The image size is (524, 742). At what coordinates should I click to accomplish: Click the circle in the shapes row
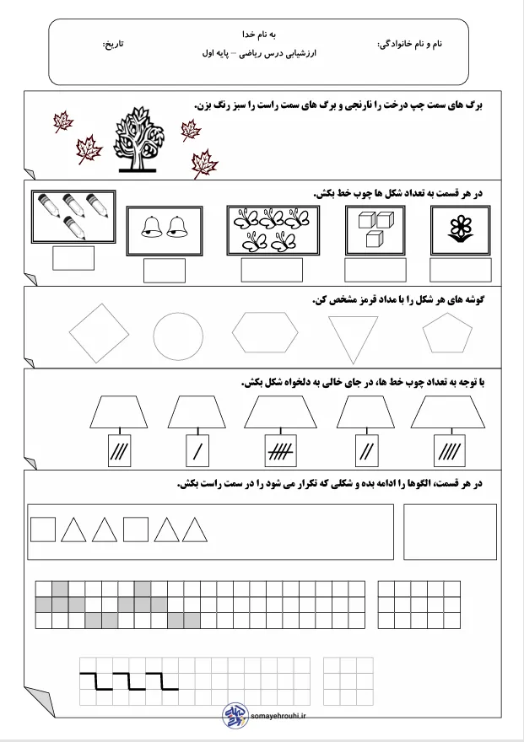click(178, 337)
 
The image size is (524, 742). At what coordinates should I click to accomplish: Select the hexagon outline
click(265, 334)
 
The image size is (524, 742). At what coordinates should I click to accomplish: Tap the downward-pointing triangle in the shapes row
click(354, 338)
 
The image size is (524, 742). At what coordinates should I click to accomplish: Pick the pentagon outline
click(447, 333)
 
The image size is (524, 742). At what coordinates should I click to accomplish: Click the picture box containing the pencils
click(73, 216)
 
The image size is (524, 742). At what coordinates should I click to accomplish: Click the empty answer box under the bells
click(165, 270)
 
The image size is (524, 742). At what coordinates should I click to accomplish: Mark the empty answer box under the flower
click(460, 270)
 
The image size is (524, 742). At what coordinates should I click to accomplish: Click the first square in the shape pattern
click(43, 530)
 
